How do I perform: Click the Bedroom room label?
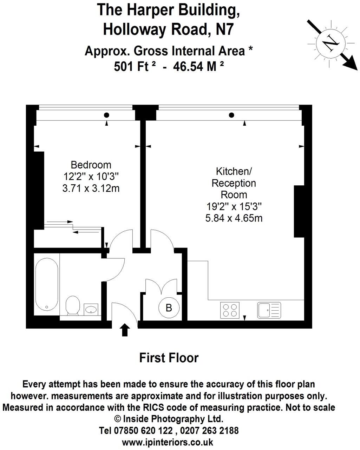coord(91,165)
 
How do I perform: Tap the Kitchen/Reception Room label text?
coord(234,183)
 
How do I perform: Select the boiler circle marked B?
coord(169,308)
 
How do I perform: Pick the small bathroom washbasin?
coord(91,309)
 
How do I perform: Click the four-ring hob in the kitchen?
coord(230,310)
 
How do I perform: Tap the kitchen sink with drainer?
coord(269,310)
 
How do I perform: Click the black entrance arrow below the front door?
coord(125,330)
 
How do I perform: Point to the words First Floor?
coord(169,358)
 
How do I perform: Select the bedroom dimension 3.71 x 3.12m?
coord(91,188)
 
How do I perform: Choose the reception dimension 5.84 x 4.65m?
coord(234,218)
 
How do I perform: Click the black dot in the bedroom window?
coord(106,115)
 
